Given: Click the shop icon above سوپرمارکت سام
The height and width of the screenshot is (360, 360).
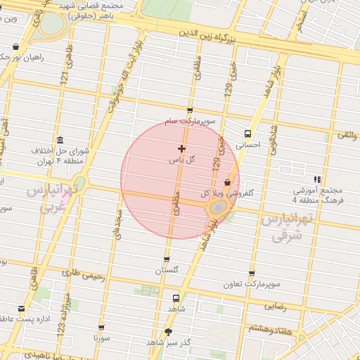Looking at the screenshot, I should tap(190, 110).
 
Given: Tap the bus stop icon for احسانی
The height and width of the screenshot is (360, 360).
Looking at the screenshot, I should tap(247, 134).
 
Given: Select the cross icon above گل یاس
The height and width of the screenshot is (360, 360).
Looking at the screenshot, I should tap(182, 148).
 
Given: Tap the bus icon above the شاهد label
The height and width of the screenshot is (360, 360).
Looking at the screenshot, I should tap(176, 297).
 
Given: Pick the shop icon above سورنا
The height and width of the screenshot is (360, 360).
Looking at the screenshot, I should tap(103, 328).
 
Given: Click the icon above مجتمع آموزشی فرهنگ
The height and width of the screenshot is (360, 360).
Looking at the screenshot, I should tap(318, 179).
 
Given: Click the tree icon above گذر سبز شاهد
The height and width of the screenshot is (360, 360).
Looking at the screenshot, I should tap(169, 331).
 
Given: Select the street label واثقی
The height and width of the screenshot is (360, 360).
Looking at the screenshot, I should tap(347, 133).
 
